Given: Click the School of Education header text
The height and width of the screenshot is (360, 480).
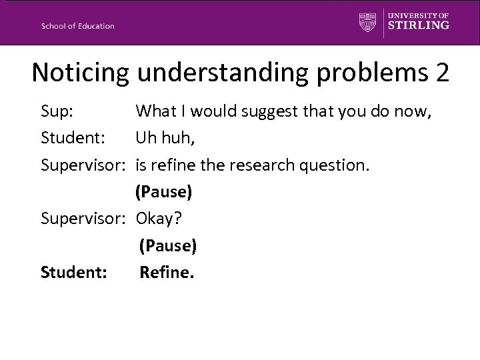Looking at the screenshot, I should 77,26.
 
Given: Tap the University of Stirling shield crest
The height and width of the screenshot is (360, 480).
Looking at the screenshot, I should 367,22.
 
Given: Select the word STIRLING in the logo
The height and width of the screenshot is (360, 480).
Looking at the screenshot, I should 419,26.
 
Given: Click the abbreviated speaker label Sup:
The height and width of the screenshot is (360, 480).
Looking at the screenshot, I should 57,111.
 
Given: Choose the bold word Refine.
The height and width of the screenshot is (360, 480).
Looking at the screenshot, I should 167,272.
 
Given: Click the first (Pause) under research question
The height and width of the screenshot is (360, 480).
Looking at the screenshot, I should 163,192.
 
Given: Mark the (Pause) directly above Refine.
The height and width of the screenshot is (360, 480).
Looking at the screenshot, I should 167,246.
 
